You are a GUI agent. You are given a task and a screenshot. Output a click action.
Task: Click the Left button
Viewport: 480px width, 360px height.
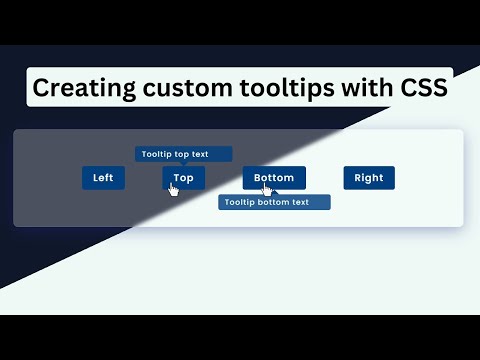(x=103, y=178)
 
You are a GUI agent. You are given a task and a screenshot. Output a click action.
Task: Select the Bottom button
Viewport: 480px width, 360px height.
(x=274, y=177)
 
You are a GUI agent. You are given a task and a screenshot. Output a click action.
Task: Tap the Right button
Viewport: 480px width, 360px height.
(x=369, y=178)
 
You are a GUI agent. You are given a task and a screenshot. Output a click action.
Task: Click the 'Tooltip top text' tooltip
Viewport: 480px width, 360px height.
(x=183, y=154)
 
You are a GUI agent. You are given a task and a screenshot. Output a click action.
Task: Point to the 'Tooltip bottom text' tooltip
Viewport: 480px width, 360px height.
(x=274, y=202)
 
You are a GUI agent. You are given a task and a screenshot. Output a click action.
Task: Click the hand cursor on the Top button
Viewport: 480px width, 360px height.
(x=173, y=189)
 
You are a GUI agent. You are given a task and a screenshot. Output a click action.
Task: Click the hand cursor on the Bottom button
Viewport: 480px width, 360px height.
(x=267, y=189)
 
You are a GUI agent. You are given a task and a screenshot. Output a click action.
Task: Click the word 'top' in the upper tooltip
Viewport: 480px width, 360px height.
(x=182, y=154)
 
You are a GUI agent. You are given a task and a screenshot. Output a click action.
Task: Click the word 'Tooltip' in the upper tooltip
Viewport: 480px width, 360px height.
(x=157, y=154)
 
